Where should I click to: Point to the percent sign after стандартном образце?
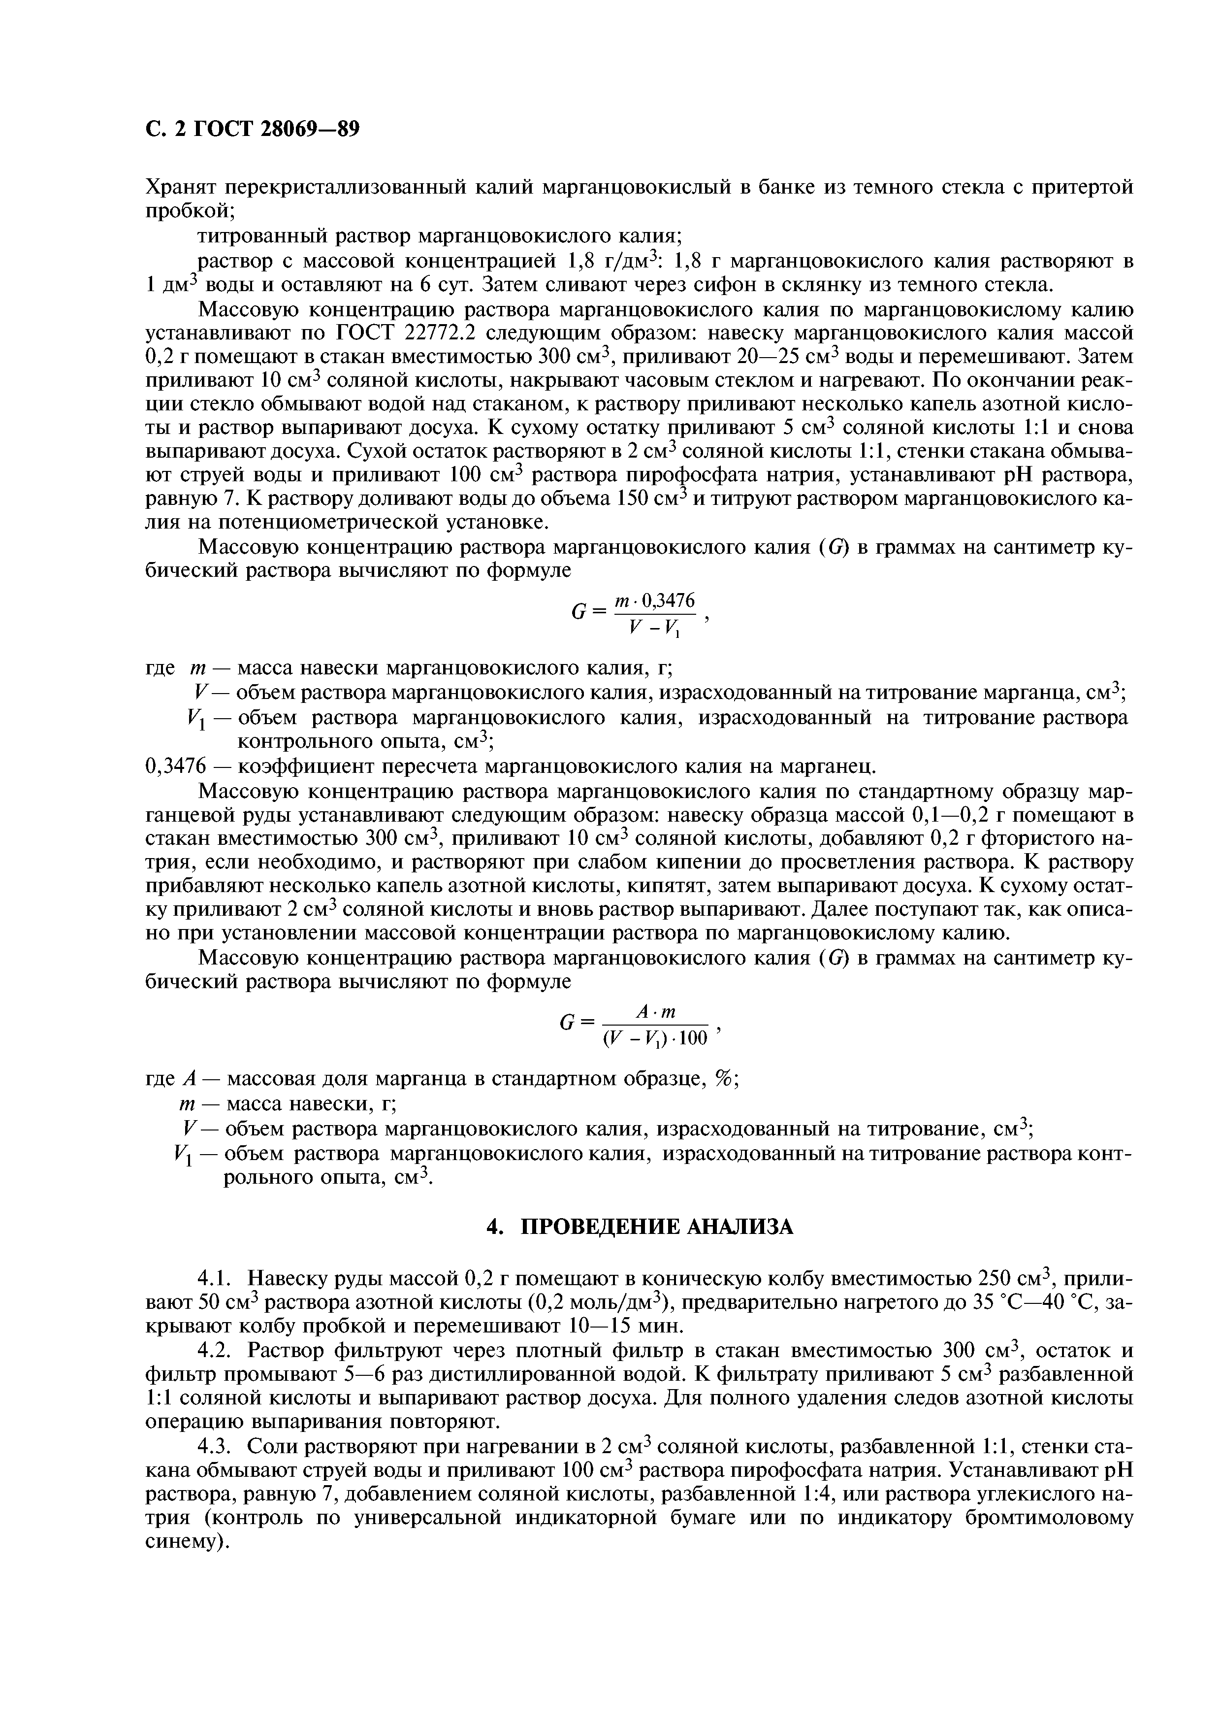(723, 1078)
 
